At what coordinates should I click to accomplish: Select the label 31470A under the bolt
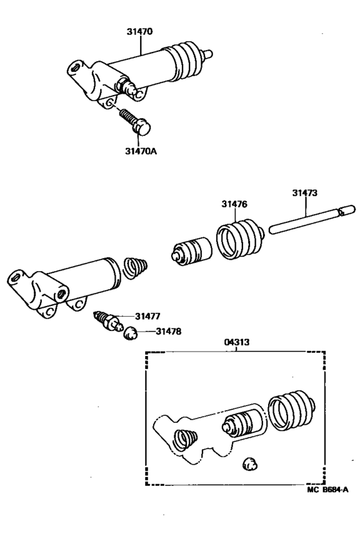(140, 152)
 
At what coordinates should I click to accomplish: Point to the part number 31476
(234, 204)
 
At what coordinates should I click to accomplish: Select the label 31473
(305, 192)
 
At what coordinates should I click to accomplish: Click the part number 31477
(148, 316)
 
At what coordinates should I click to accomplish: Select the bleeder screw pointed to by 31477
(107, 319)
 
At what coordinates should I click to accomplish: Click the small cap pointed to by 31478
(130, 332)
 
